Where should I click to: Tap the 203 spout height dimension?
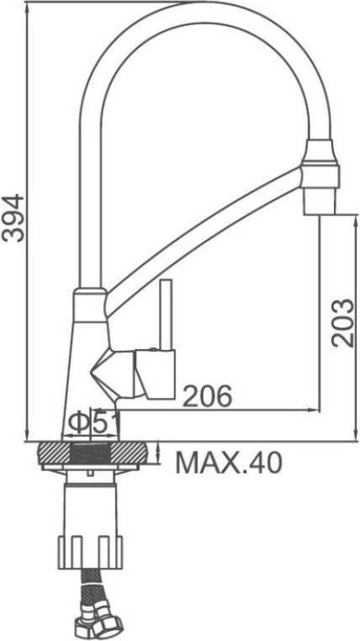tap(342, 323)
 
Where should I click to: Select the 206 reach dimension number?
tap(207, 396)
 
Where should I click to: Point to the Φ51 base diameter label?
tap(93, 422)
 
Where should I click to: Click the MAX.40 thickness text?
tap(229, 463)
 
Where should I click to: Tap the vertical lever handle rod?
tap(166, 315)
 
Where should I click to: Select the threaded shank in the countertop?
tap(91, 453)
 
